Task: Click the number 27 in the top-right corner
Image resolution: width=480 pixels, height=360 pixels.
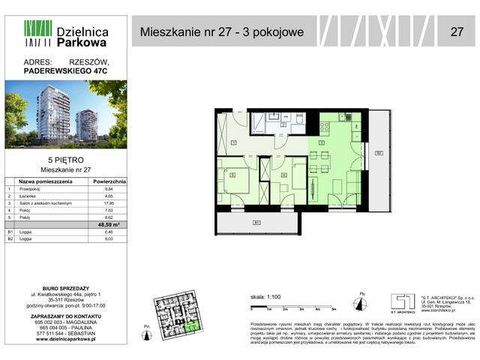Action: (x=455, y=31)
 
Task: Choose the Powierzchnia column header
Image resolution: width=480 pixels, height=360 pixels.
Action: (x=109, y=181)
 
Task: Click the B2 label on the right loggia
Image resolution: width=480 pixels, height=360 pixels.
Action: (x=379, y=154)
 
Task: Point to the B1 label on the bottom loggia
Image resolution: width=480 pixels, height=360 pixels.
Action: (x=256, y=222)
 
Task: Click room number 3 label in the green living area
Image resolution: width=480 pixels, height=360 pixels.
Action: (x=321, y=142)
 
